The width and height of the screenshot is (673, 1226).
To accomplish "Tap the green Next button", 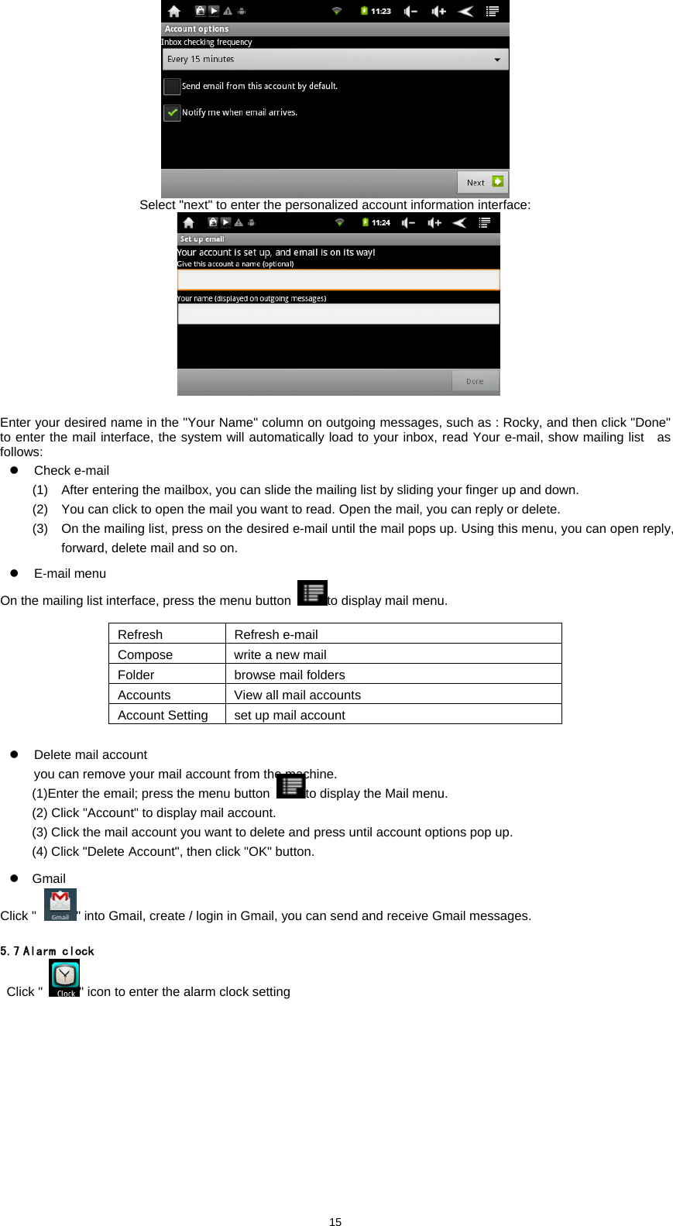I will [x=482, y=183].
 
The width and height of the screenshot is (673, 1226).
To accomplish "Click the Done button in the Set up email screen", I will [x=475, y=381].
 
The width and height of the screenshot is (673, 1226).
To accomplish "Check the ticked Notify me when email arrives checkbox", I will [x=172, y=112].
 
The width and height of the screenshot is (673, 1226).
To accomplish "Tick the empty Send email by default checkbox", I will [x=172, y=86].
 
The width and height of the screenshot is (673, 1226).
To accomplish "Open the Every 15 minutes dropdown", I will [x=335, y=60].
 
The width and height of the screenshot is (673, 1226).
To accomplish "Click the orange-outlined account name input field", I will [x=338, y=280].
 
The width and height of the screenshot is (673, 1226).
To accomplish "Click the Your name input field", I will [x=338, y=314].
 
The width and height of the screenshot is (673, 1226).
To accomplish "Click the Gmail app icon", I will [x=60, y=904].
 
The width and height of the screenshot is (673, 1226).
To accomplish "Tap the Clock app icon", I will [x=64, y=977].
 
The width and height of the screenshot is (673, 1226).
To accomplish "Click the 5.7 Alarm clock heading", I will [x=47, y=951].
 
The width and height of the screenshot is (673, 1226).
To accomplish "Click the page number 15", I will [x=335, y=1221].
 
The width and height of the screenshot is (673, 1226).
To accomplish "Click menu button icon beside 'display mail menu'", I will [x=312, y=593].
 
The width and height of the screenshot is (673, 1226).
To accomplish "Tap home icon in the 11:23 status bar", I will [x=174, y=11].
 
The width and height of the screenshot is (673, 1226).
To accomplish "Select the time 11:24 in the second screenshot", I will [x=380, y=222].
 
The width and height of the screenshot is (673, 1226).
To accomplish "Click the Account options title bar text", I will [x=197, y=29].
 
